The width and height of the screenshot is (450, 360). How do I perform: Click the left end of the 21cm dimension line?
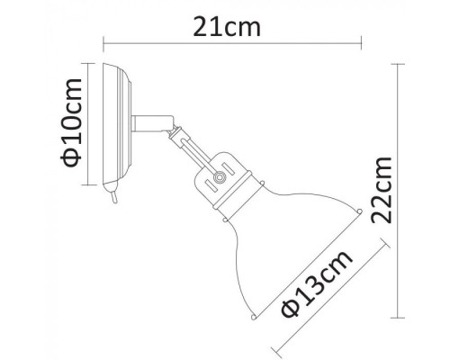103,41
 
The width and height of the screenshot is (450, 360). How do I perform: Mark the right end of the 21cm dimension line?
361,41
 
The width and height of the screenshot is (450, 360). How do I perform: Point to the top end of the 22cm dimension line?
400,64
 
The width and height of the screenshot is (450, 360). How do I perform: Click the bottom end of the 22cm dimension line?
400,318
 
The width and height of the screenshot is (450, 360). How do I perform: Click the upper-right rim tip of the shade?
360,213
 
